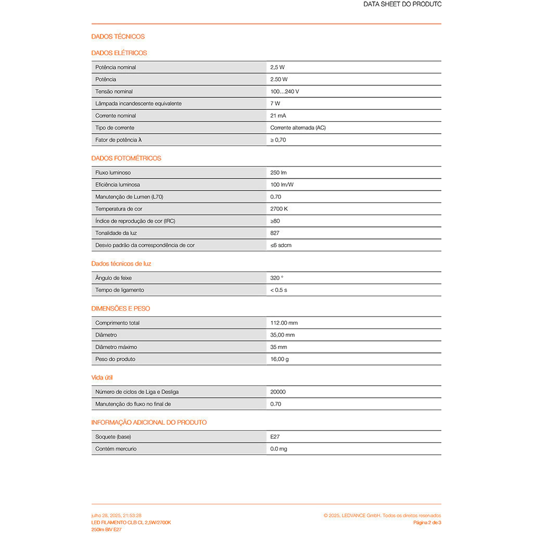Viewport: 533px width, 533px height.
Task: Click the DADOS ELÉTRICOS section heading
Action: [x=119, y=53]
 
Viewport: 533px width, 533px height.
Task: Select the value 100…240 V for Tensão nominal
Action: [x=284, y=92]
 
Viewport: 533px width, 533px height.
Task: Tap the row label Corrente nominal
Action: [x=116, y=116]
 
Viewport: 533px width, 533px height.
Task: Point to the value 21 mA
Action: [x=278, y=116]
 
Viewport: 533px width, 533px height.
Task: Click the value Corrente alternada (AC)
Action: [x=298, y=128]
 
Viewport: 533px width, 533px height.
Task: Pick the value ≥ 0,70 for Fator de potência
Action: [x=278, y=140]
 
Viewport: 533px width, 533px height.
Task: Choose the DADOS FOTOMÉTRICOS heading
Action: [x=126, y=158]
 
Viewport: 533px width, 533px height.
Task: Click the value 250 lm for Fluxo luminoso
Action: [x=278, y=172]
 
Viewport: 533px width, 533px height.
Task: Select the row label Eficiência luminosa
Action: [x=118, y=185]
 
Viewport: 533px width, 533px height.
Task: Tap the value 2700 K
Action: [x=279, y=209]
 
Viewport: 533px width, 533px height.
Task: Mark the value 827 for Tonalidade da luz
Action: [x=275, y=233]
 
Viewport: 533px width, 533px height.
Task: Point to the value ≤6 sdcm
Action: [x=281, y=245]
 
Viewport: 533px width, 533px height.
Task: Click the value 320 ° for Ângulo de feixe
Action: [x=277, y=278]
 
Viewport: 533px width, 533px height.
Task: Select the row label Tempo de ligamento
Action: [x=120, y=290]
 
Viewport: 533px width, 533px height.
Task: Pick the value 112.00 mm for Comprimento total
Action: [x=284, y=323]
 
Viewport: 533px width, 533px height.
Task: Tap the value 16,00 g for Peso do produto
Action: [x=280, y=359]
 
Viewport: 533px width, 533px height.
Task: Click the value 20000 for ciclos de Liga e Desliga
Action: [x=278, y=392]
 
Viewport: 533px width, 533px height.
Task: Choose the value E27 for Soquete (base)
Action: [x=275, y=437]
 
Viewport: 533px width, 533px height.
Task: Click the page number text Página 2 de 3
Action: [x=427, y=522]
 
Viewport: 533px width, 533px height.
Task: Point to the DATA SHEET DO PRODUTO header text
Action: [x=402, y=4]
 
